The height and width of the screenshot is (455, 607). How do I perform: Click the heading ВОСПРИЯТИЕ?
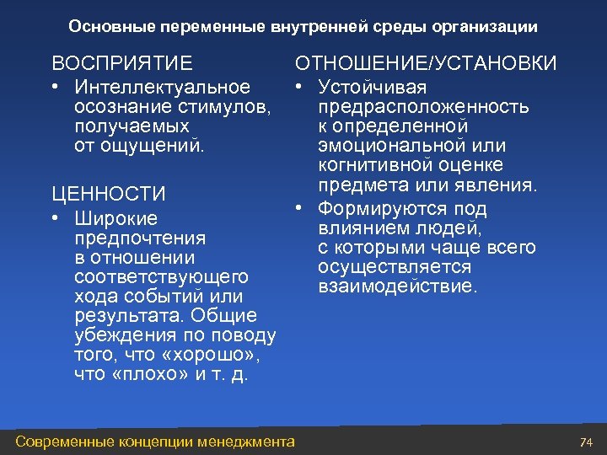tap(121, 64)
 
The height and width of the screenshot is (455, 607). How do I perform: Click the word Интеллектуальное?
tap(163, 88)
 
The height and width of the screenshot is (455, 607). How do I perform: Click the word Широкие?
tap(115, 218)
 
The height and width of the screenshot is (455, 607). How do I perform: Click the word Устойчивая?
tap(373, 88)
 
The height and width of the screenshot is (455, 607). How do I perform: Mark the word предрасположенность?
tap(424, 107)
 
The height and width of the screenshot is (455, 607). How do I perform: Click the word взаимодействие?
tap(398, 286)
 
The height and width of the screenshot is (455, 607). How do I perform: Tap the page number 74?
tap(587, 442)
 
